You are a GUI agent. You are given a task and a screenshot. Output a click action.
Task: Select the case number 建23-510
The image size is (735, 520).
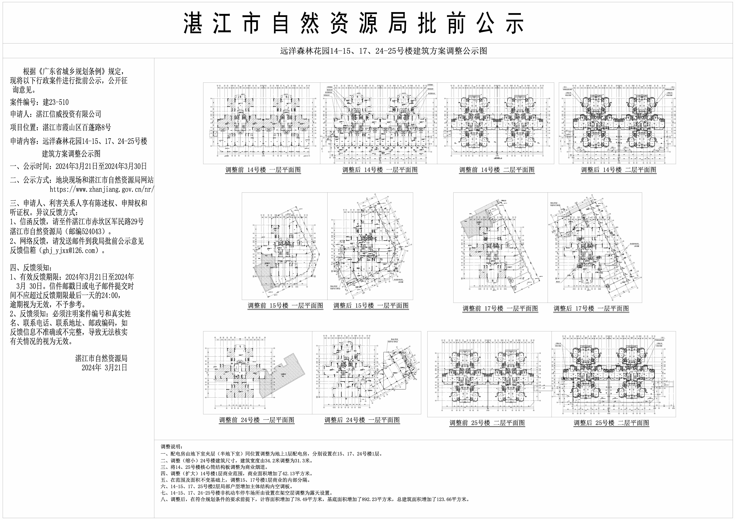(x=56, y=102)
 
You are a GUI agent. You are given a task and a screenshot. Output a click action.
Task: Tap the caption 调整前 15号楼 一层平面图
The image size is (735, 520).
(x=285, y=306)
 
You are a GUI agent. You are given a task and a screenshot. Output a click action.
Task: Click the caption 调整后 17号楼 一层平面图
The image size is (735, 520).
(x=591, y=309)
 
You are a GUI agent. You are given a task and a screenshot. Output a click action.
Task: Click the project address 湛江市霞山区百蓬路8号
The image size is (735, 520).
(x=77, y=127)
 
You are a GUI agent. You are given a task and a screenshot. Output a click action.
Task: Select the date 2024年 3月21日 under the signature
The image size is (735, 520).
(x=104, y=368)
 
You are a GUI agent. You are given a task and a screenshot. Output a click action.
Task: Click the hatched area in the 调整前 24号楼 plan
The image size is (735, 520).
(x=282, y=376)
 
